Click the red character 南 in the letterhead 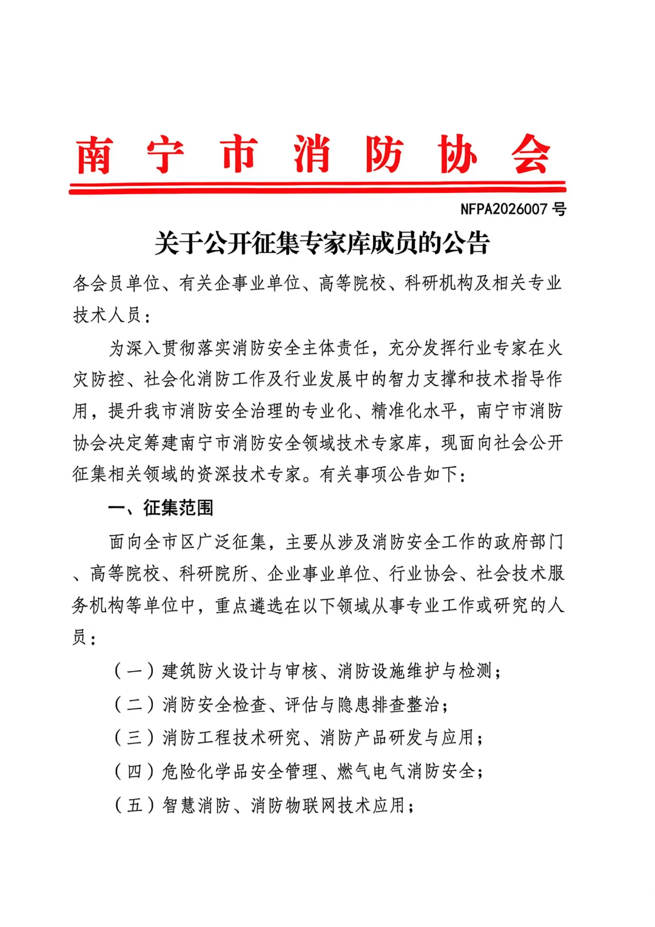[94, 155]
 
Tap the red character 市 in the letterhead [239, 155]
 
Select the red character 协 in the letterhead [457, 155]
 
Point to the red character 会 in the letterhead [530, 155]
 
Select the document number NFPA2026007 [503, 209]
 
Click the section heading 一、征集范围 [161, 508]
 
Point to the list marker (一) [134, 671]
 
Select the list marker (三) [134, 738]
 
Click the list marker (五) [134, 806]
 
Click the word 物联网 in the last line [312, 806]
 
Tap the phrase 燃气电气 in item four [371, 772]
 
